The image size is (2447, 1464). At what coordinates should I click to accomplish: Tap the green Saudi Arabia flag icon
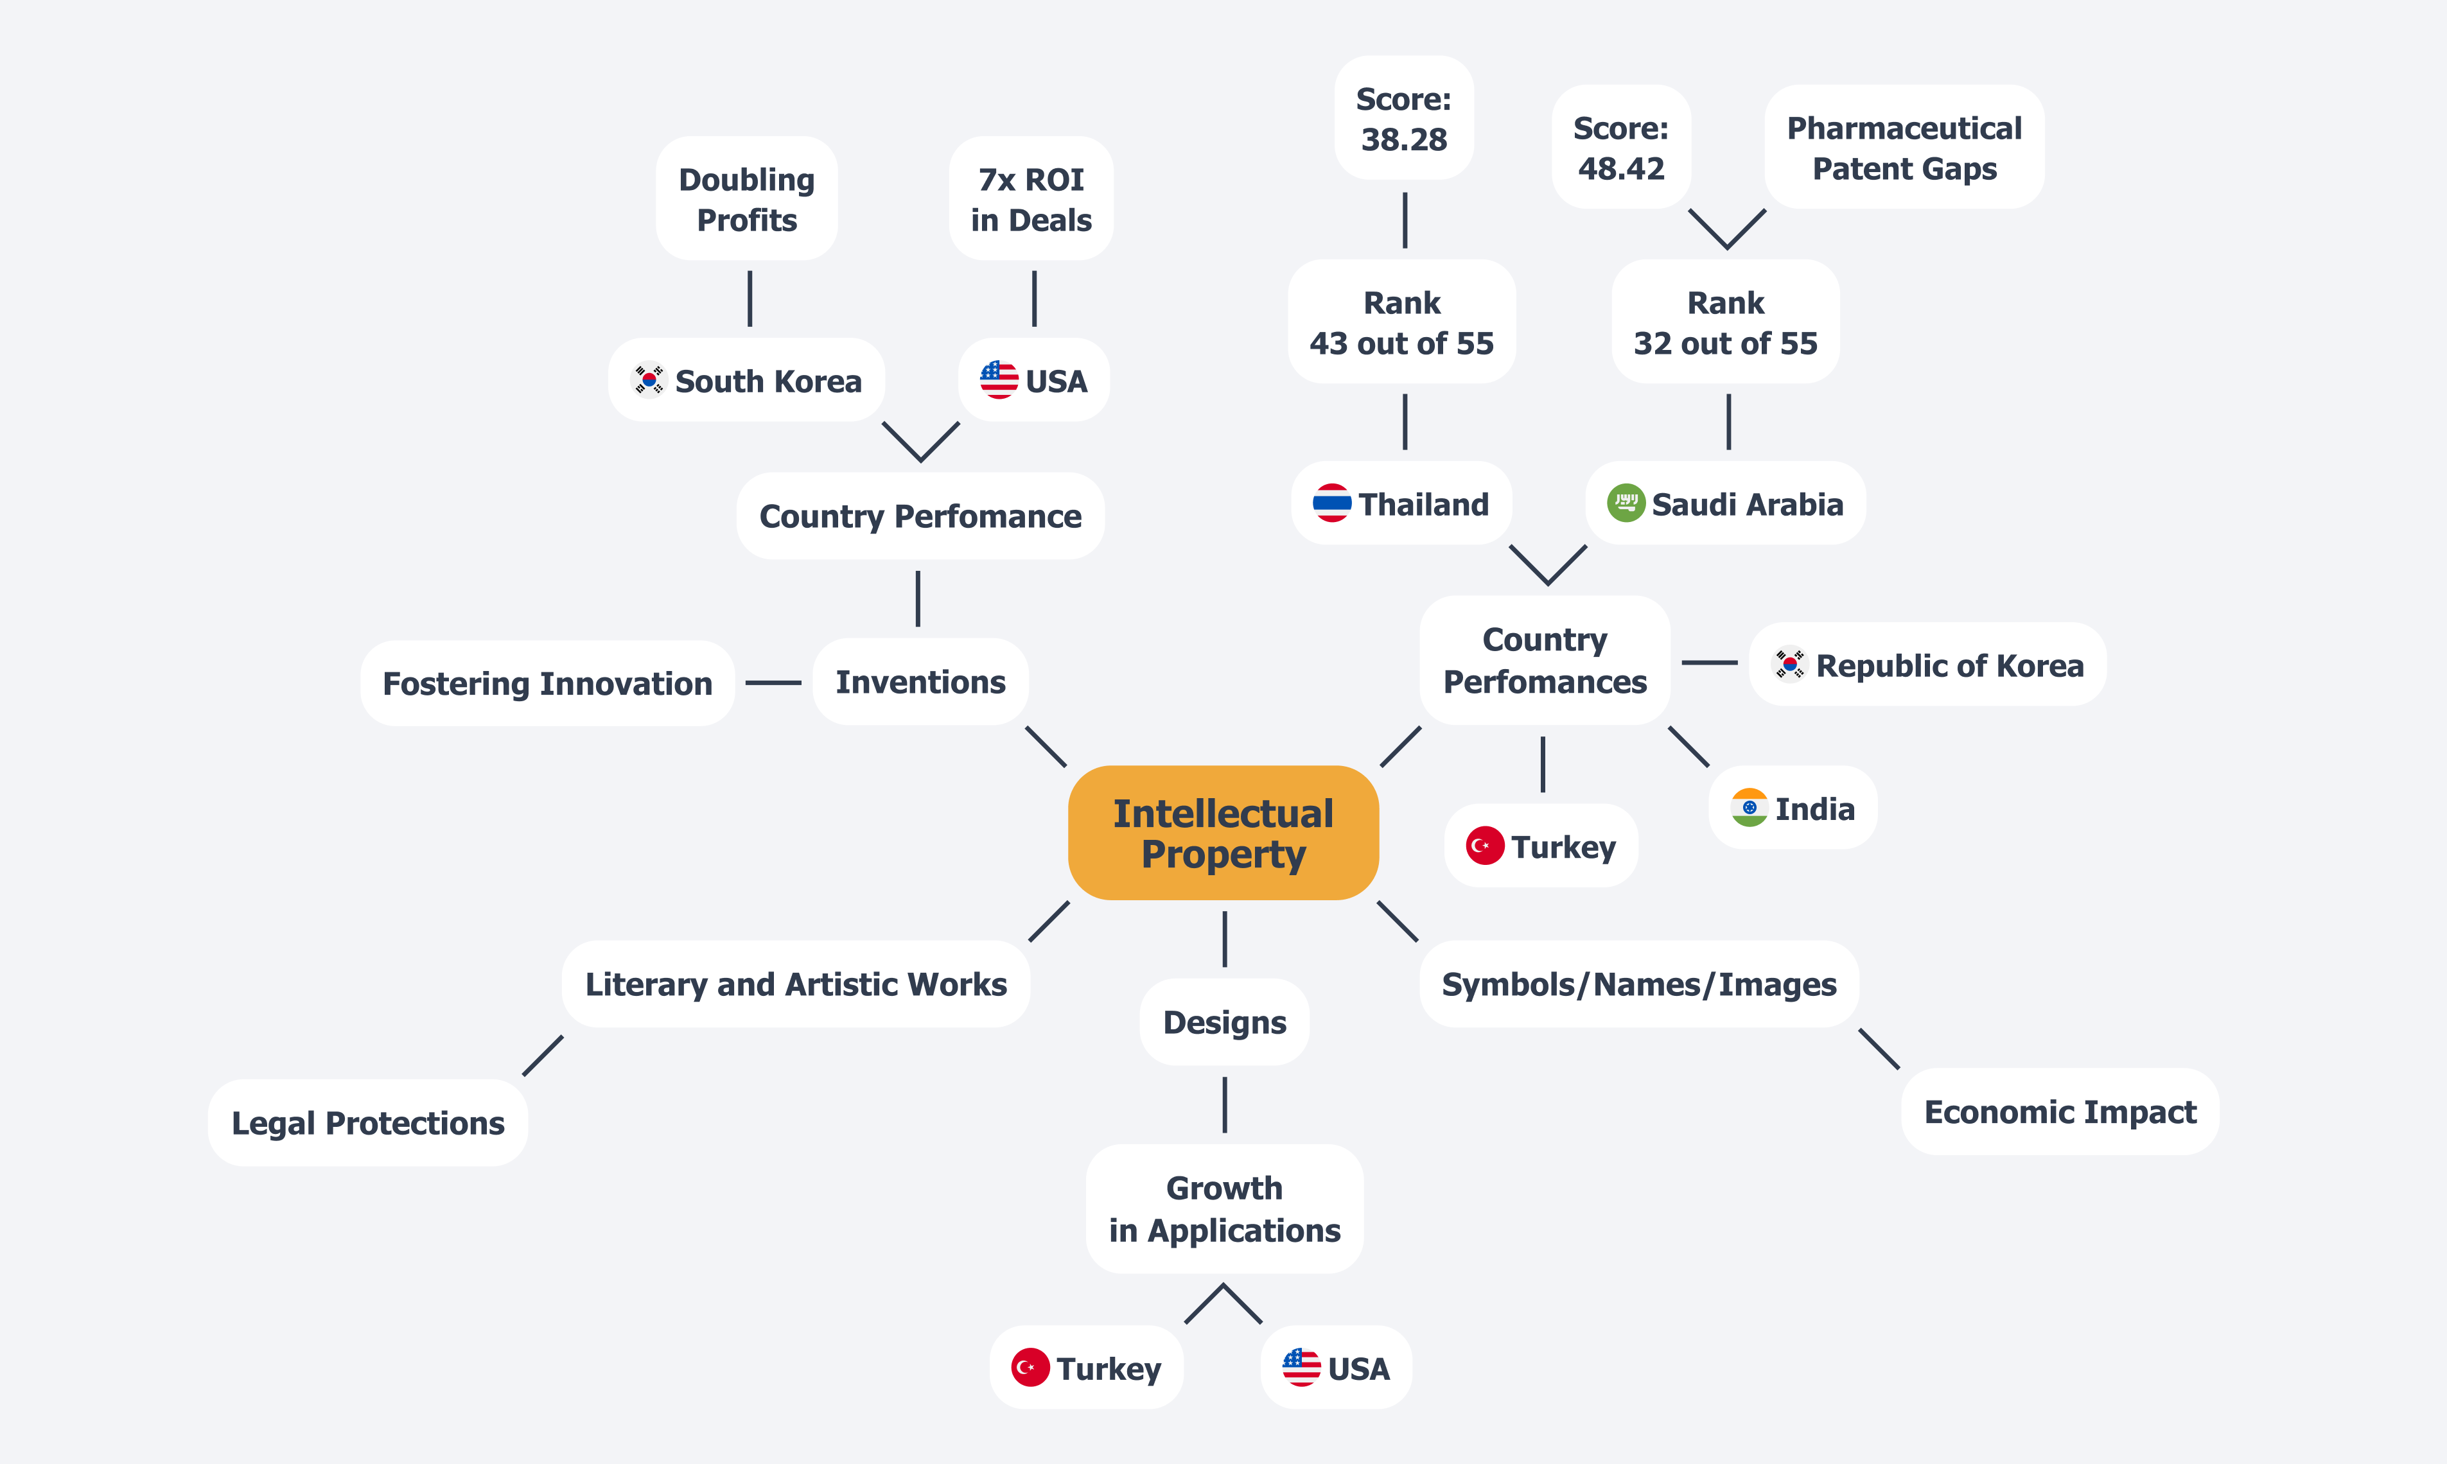click(1625, 503)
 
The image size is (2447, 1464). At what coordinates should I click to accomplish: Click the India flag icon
click(1748, 808)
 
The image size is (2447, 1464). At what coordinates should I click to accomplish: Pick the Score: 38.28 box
click(1403, 118)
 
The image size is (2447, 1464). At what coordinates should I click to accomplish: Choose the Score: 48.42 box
click(1620, 147)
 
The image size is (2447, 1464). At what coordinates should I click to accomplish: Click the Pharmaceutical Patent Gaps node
click(1904, 147)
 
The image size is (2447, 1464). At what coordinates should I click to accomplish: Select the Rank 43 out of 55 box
click(1401, 322)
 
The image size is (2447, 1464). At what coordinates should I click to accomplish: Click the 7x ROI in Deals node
click(1031, 198)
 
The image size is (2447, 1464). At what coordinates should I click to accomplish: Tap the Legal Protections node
click(367, 1122)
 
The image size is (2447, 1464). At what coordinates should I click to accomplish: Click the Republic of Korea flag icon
click(1789, 664)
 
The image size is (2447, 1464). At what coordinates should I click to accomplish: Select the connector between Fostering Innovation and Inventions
click(773, 683)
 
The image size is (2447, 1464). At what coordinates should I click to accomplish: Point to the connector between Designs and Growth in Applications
click(1225, 1105)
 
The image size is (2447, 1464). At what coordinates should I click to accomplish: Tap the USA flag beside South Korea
click(999, 380)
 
